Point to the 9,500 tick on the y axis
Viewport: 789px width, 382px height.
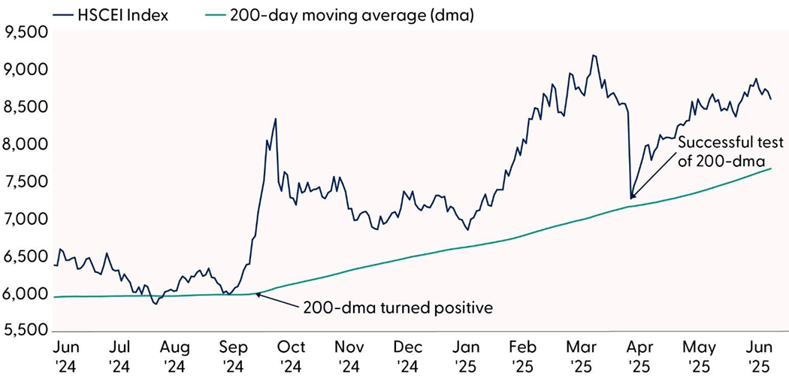[26, 32]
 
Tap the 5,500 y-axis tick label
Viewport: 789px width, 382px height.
[26, 331]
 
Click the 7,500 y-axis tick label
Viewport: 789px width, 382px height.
[26, 182]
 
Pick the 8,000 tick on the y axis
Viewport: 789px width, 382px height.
[26, 144]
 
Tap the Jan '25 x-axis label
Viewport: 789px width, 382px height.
[467, 356]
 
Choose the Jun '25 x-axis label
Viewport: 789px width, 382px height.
[755, 356]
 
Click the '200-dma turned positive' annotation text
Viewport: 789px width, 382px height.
[398, 308]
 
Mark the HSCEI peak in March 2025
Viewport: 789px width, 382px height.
[594, 55]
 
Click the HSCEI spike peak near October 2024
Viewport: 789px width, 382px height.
[275, 118]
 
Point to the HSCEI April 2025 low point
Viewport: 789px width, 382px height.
[630, 199]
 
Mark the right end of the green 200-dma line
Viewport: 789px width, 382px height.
[771, 168]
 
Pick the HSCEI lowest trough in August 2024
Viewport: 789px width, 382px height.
[156, 304]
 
